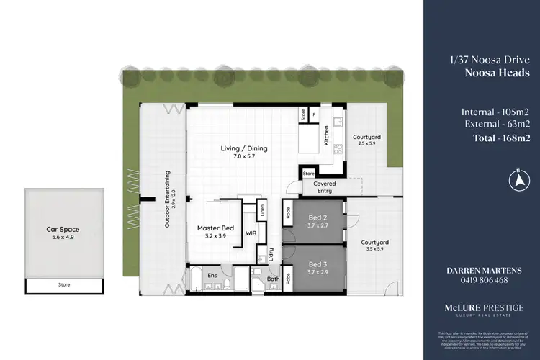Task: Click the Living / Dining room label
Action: (243, 149)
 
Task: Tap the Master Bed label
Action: (212, 228)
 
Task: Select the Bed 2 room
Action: (318, 221)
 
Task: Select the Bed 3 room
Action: (318, 268)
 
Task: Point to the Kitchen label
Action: (326, 135)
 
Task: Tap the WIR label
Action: (251, 233)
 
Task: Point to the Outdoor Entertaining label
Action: (167, 200)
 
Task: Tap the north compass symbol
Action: (517, 178)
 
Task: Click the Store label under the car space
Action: (64, 286)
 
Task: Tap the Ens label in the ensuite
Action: (212, 275)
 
